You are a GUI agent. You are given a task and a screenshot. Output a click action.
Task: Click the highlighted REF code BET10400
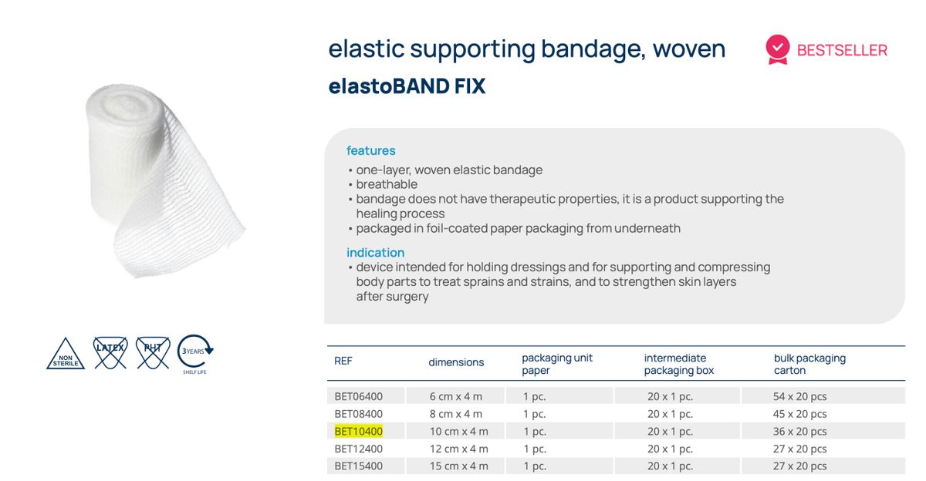click(358, 431)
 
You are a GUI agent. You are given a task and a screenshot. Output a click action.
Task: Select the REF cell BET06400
click(358, 396)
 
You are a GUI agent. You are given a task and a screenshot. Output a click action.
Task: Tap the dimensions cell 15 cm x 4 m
click(458, 466)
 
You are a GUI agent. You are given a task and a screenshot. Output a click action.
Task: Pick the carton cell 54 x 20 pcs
click(800, 396)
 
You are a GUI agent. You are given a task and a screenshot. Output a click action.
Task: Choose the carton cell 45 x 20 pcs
click(800, 414)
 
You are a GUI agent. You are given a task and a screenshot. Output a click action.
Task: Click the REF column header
click(343, 361)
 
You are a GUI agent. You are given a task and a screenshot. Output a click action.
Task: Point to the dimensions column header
click(456, 362)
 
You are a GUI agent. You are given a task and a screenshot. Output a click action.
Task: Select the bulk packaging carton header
click(809, 364)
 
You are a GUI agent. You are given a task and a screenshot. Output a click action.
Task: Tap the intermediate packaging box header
click(679, 364)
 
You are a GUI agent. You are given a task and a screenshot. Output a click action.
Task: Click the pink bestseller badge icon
click(777, 49)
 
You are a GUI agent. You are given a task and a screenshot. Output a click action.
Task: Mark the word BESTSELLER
click(842, 50)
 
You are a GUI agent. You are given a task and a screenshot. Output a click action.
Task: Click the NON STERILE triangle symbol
click(66, 355)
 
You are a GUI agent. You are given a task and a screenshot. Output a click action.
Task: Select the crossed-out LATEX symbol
click(110, 351)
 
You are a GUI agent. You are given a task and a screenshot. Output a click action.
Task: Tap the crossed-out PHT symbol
click(153, 351)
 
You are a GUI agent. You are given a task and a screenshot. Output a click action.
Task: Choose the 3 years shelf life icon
click(194, 353)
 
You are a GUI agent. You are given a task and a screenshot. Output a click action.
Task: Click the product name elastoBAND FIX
click(407, 86)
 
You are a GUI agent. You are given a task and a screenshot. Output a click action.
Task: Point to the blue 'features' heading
click(370, 150)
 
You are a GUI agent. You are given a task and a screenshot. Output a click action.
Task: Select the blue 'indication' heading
click(375, 252)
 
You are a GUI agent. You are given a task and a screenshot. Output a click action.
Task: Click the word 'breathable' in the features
click(387, 184)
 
